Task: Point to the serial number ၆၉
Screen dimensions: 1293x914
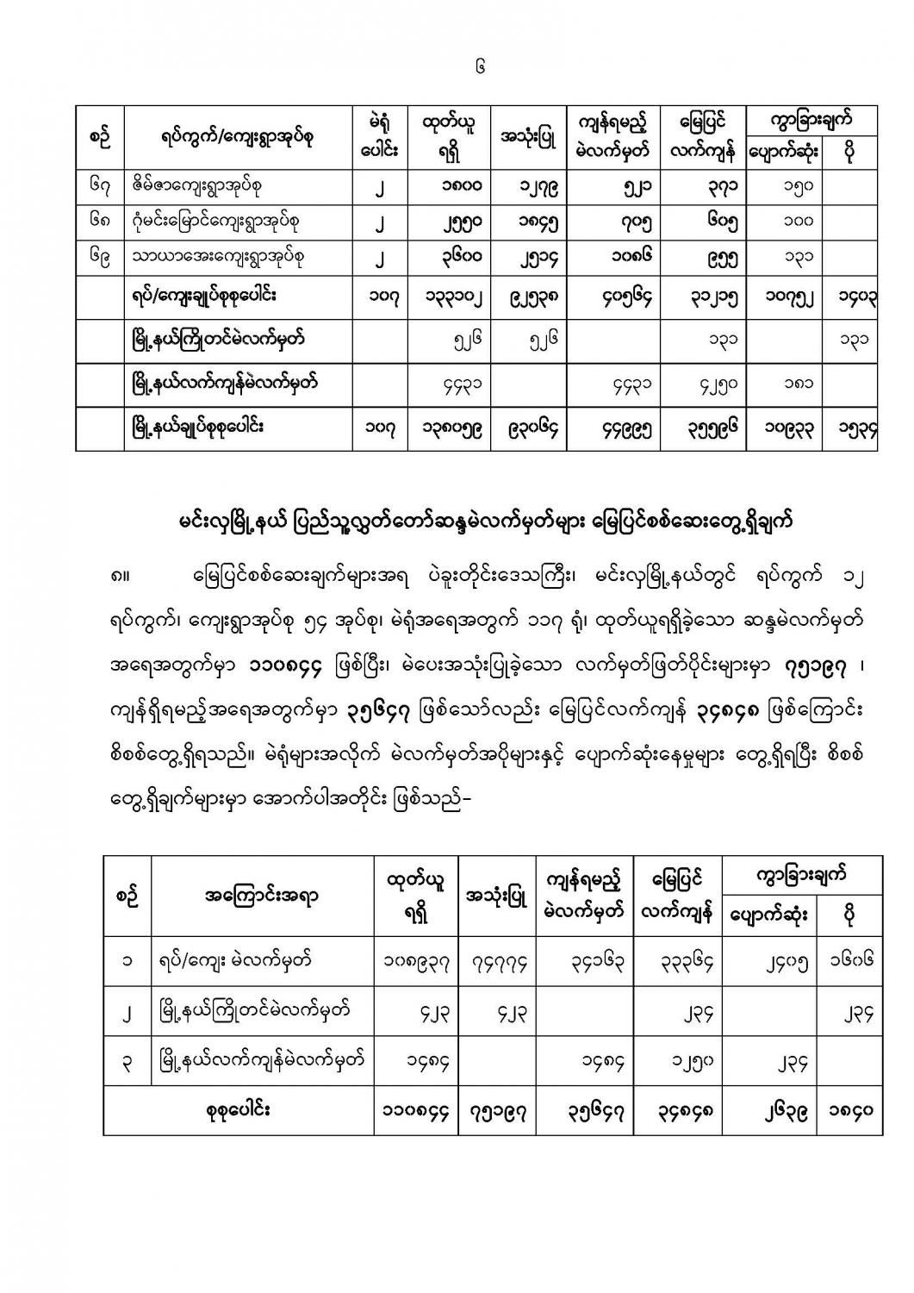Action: (99, 257)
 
